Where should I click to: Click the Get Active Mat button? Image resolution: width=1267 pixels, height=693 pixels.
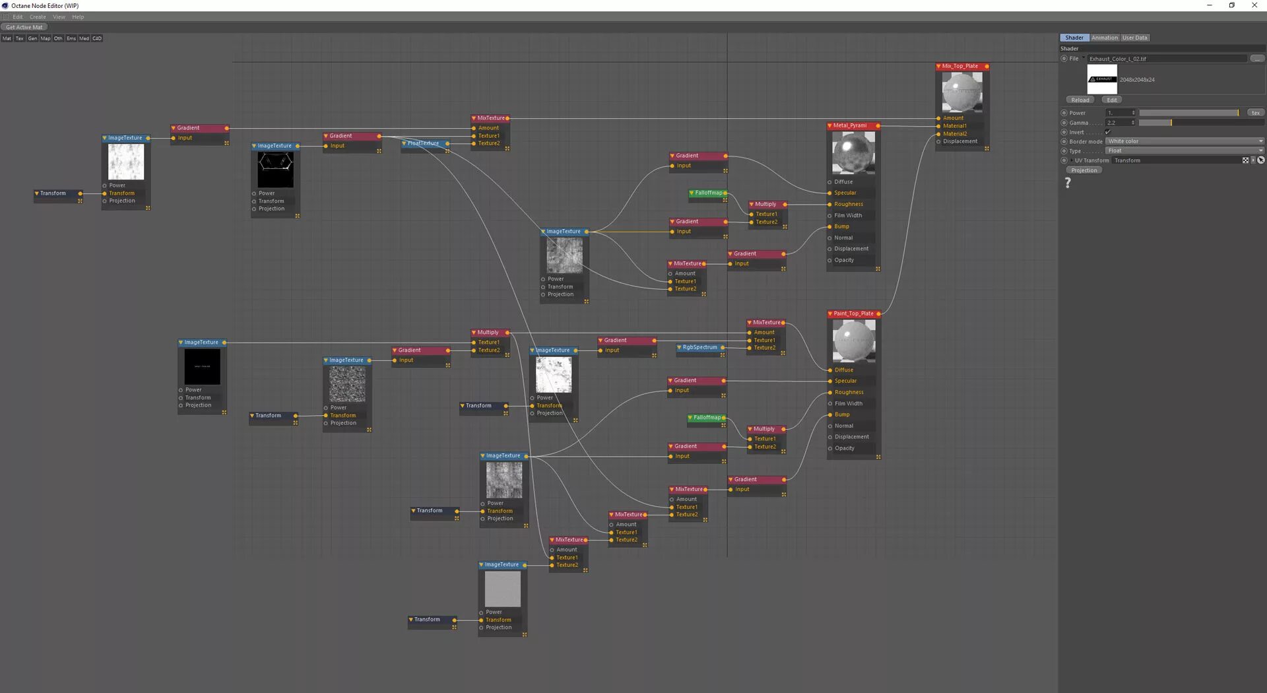coord(24,27)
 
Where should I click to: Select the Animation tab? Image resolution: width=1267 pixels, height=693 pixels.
coord(1104,38)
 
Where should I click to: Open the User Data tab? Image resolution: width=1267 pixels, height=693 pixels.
coord(1135,38)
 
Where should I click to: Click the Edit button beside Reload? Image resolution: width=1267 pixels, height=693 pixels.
coord(1112,100)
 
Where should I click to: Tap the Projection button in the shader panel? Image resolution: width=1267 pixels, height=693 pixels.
coord(1084,170)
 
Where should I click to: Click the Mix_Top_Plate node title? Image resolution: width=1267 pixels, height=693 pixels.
coord(960,66)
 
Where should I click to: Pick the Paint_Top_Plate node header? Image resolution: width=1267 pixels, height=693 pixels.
coord(853,313)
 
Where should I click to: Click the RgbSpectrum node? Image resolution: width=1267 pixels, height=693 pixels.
coord(699,347)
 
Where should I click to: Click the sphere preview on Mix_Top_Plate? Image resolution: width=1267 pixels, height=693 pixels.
coord(962,92)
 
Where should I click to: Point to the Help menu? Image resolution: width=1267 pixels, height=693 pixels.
coord(78,17)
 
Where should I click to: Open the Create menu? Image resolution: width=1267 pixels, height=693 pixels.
coord(38,17)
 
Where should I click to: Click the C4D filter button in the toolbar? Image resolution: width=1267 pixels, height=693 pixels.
coord(97,38)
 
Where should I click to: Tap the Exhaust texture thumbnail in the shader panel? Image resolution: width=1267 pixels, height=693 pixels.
coord(1102,79)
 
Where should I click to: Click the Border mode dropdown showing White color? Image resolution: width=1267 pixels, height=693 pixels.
coord(1185,141)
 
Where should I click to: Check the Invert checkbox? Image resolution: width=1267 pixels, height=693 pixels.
coord(1108,132)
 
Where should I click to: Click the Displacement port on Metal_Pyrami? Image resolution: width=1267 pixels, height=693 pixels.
coord(830,249)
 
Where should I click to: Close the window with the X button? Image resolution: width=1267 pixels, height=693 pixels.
coord(1254,5)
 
